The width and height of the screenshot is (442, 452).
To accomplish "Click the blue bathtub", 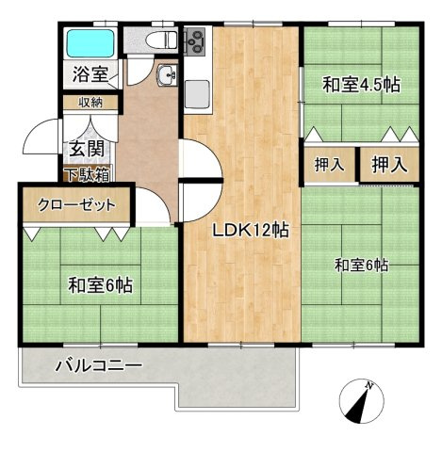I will pos(90,44).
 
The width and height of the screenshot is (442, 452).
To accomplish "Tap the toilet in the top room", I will pos(163,40).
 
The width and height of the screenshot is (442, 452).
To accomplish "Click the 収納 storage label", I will pos(90,102).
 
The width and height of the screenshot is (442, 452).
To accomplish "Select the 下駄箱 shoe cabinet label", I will pos(87,174).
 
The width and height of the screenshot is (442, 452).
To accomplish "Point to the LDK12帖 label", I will pos(250,229).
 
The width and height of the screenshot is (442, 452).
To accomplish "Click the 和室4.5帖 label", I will pos(362,86).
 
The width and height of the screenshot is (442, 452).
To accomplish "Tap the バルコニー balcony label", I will pos(97,365).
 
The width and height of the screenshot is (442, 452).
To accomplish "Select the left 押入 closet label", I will pos(329,165).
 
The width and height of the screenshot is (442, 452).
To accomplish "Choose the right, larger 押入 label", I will pos(389,165).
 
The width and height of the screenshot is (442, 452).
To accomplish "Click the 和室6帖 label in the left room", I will pos(99,283).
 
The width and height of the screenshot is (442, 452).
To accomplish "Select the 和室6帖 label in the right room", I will pos(361,265).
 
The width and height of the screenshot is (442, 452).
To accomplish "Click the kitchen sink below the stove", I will pos(198,91).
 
